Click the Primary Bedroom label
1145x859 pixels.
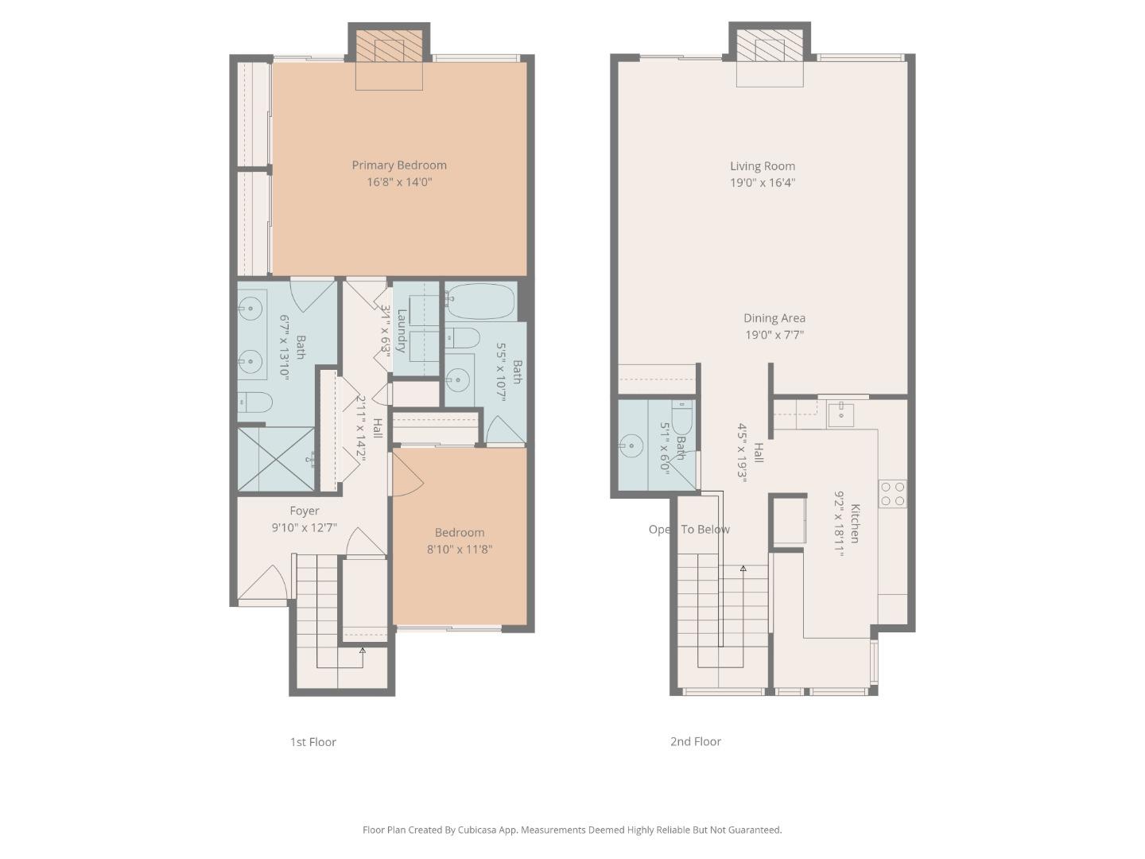pyautogui.click(x=399, y=165)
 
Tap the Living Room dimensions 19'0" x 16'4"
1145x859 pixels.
pyautogui.click(x=763, y=183)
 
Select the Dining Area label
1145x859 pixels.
pyautogui.click(x=774, y=318)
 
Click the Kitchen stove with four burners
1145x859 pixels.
pyautogui.click(x=892, y=494)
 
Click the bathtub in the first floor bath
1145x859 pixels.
pyautogui.click(x=480, y=301)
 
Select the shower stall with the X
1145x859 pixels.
pyautogui.click(x=276, y=459)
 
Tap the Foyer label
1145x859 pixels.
pyautogui.click(x=304, y=511)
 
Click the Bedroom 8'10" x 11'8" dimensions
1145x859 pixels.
pyautogui.click(x=460, y=549)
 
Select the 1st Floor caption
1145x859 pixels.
pyautogui.click(x=312, y=742)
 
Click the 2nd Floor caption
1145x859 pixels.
pyautogui.click(x=695, y=741)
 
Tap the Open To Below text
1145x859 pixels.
pyautogui.click(x=689, y=530)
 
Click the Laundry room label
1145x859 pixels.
pyautogui.click(x=402, y=330)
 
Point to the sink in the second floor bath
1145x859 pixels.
pyautogui.click(x=631, y=446)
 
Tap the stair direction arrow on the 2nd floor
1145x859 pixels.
pyautogui.click(x=743, y=569)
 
